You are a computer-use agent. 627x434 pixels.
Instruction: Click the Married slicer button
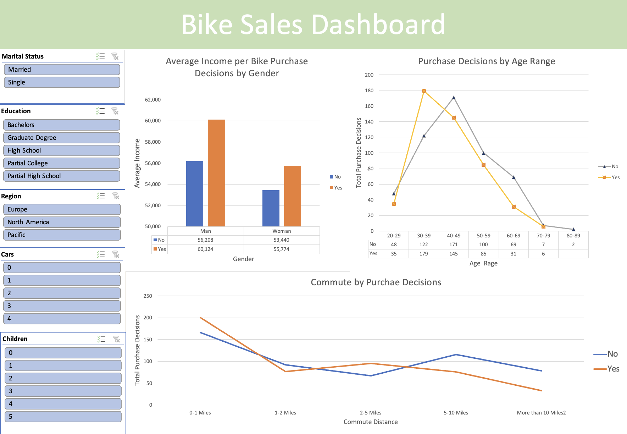[x=62, y=70]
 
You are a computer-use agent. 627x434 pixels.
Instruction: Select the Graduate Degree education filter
[x=62, y=138]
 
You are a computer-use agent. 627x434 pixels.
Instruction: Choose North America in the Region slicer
[x=62, y=222]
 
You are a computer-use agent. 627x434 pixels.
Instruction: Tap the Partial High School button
[x=62, y=176]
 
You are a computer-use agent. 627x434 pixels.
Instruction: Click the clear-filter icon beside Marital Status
[x=115, y=56]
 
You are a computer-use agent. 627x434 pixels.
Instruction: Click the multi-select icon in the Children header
[x=101, y=339]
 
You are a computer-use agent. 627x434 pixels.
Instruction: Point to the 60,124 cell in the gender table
[x=205, y=249]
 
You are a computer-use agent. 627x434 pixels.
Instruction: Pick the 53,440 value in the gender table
[x=281, y=240]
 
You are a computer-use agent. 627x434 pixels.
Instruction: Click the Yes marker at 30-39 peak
[x=424, y=91]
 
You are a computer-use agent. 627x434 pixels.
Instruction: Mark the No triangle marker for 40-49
[x=454, y=98]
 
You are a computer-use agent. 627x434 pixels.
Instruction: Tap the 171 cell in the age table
[x=454, y=245]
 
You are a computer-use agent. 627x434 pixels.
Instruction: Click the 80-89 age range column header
[x=573, y=236]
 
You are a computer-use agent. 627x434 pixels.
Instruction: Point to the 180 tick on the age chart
[x=369, y=90]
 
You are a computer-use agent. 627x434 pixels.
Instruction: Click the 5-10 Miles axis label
[x=456, y=413]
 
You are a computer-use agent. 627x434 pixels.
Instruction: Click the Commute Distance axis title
[x=371, y=422]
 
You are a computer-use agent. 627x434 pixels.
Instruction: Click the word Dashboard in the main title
[x=378, y=24]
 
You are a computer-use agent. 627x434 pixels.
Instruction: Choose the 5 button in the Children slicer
[x=63, y=417]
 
